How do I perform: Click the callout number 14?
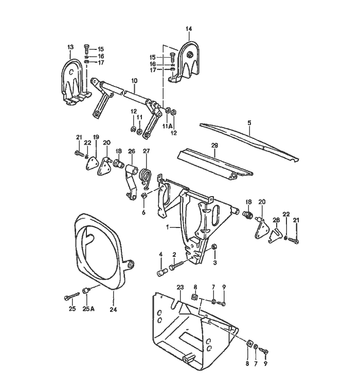pyautogui.click(x=189, y=29)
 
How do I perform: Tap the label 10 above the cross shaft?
pyautogui.click(x=134, y=81)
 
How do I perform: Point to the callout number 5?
pyautogui.click(x=249, y=123)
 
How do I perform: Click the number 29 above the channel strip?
pyautogui.click(x=214, y=146)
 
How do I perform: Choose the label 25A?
pyautogui.click(x=88, y=309)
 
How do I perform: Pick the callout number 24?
pyautogui.click(x=113, y=309)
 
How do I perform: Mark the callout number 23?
pyautogui.click(x=180, y=287)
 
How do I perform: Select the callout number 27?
pyautogui.click(x=146, y=151)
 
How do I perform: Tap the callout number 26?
pyautogui.click(x=132, y=151)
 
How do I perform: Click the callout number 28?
pyautogui.click(x=276, y=220)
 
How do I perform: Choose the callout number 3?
pyautogui.click(x=215, y=262)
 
